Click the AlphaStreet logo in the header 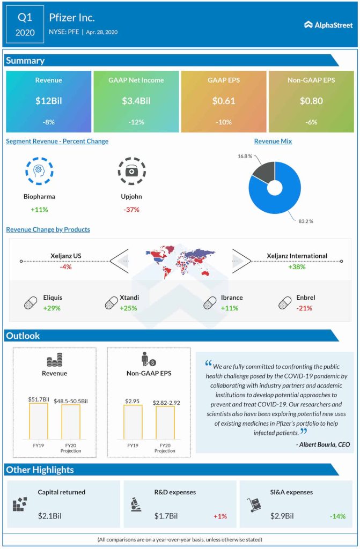[327, 24]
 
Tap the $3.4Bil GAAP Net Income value [136, 101]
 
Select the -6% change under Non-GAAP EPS [311, 122]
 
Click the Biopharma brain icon [39, 171]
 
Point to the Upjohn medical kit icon [131, 171]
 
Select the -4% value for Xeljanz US [66, 267]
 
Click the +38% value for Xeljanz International [297, 267]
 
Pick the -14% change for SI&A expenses [337, 516]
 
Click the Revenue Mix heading [273, 141]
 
